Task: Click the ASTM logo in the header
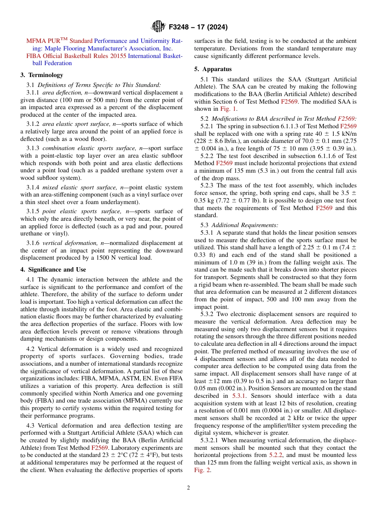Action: point(159,27)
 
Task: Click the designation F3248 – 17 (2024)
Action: point(198,27)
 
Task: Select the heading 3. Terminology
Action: point(42,75)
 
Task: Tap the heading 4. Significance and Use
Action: point(53,269)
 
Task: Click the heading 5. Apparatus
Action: point(213,69)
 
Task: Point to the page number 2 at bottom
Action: point(188,488)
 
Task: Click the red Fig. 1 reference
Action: point(229,109)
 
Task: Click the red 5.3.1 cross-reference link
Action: point(239,396)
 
